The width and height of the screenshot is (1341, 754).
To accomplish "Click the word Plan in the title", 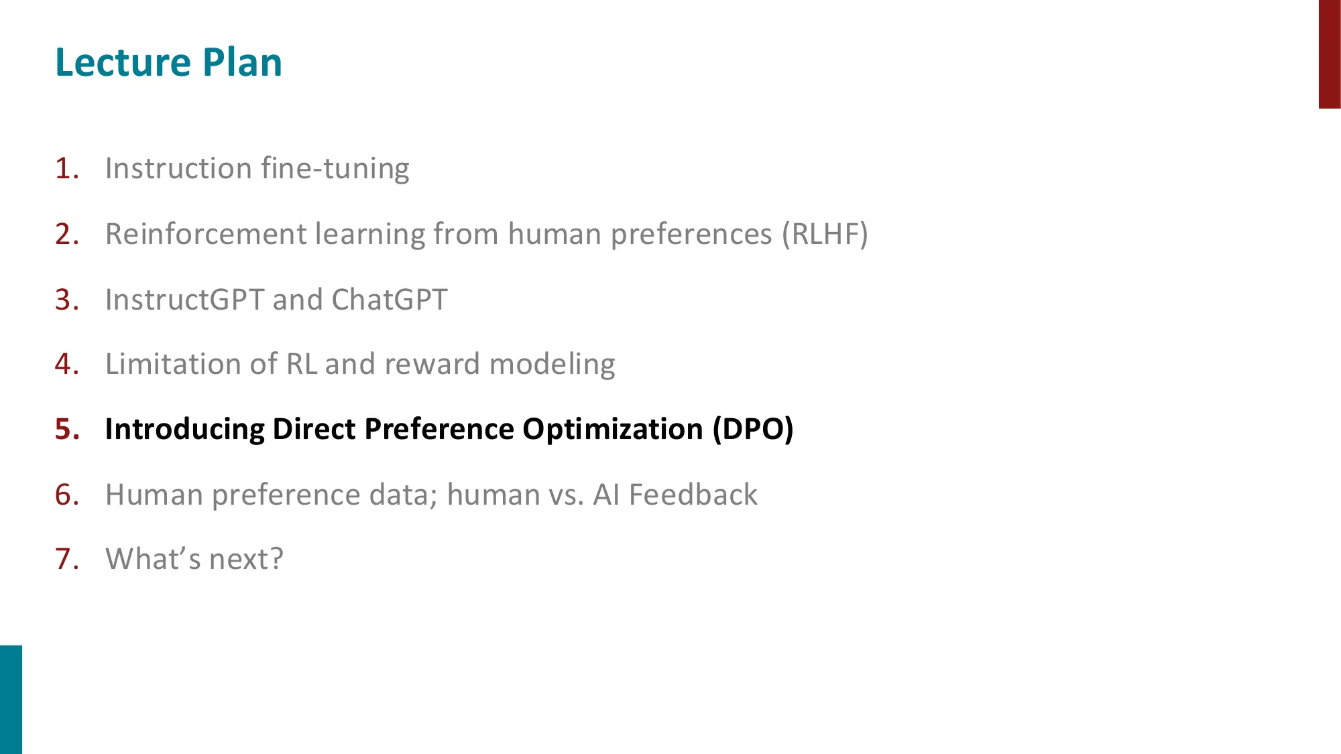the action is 242,62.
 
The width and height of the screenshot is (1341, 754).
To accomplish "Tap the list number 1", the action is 67,168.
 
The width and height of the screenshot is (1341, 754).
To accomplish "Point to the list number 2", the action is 67,234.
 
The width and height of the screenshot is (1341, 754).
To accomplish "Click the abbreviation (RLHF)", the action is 825,235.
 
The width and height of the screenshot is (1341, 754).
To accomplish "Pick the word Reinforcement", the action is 206,234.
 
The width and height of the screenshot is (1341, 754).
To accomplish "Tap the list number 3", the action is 67,300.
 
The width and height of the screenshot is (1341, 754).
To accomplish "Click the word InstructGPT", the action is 185,300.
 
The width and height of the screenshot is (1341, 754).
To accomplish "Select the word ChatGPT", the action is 389,300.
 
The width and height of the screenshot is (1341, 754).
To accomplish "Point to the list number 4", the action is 67,364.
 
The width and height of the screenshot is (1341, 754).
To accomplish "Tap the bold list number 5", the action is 67,429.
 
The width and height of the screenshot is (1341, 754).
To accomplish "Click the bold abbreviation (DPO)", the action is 753,430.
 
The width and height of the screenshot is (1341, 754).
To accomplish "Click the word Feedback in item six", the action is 693,495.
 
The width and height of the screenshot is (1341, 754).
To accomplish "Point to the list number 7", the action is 67,559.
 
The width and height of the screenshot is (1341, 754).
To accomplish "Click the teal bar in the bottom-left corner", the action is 11,700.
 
